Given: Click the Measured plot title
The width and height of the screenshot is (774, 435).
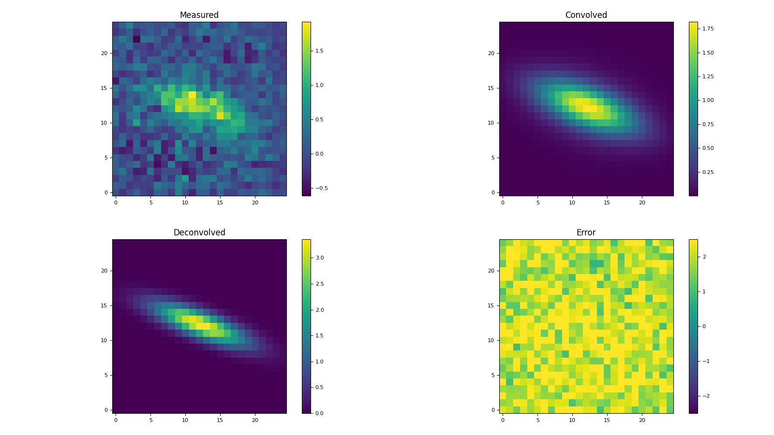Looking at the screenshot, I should click(x=199, y=15).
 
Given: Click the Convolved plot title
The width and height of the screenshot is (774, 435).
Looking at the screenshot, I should click(x=586, y=15).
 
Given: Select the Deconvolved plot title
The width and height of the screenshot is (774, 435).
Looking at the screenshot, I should click(x=199, y=232).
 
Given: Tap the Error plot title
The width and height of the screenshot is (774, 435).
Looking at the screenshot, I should click(x=586, y=232).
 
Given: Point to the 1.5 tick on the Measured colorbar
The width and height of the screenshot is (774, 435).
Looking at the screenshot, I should click(x=319, y=51).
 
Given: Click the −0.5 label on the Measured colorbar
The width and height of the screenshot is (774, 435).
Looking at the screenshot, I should click(x=320, y=188).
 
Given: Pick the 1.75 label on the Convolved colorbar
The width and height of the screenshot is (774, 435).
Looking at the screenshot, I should click(x=707, y=29).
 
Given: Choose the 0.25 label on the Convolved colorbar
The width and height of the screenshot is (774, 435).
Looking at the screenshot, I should click(x=707, y=172).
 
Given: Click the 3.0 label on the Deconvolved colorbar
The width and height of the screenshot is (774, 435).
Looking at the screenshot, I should click(x=319, y=258).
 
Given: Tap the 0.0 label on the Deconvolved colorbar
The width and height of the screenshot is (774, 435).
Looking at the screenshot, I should click(x=319, y=413).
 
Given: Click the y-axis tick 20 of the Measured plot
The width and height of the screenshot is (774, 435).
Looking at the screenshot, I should click(x=104, y=53).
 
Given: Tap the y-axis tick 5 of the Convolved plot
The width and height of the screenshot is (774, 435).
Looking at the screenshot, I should click(x=492, y=158).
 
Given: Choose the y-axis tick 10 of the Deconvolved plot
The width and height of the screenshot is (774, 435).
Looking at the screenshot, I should click(x=104, y=340).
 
